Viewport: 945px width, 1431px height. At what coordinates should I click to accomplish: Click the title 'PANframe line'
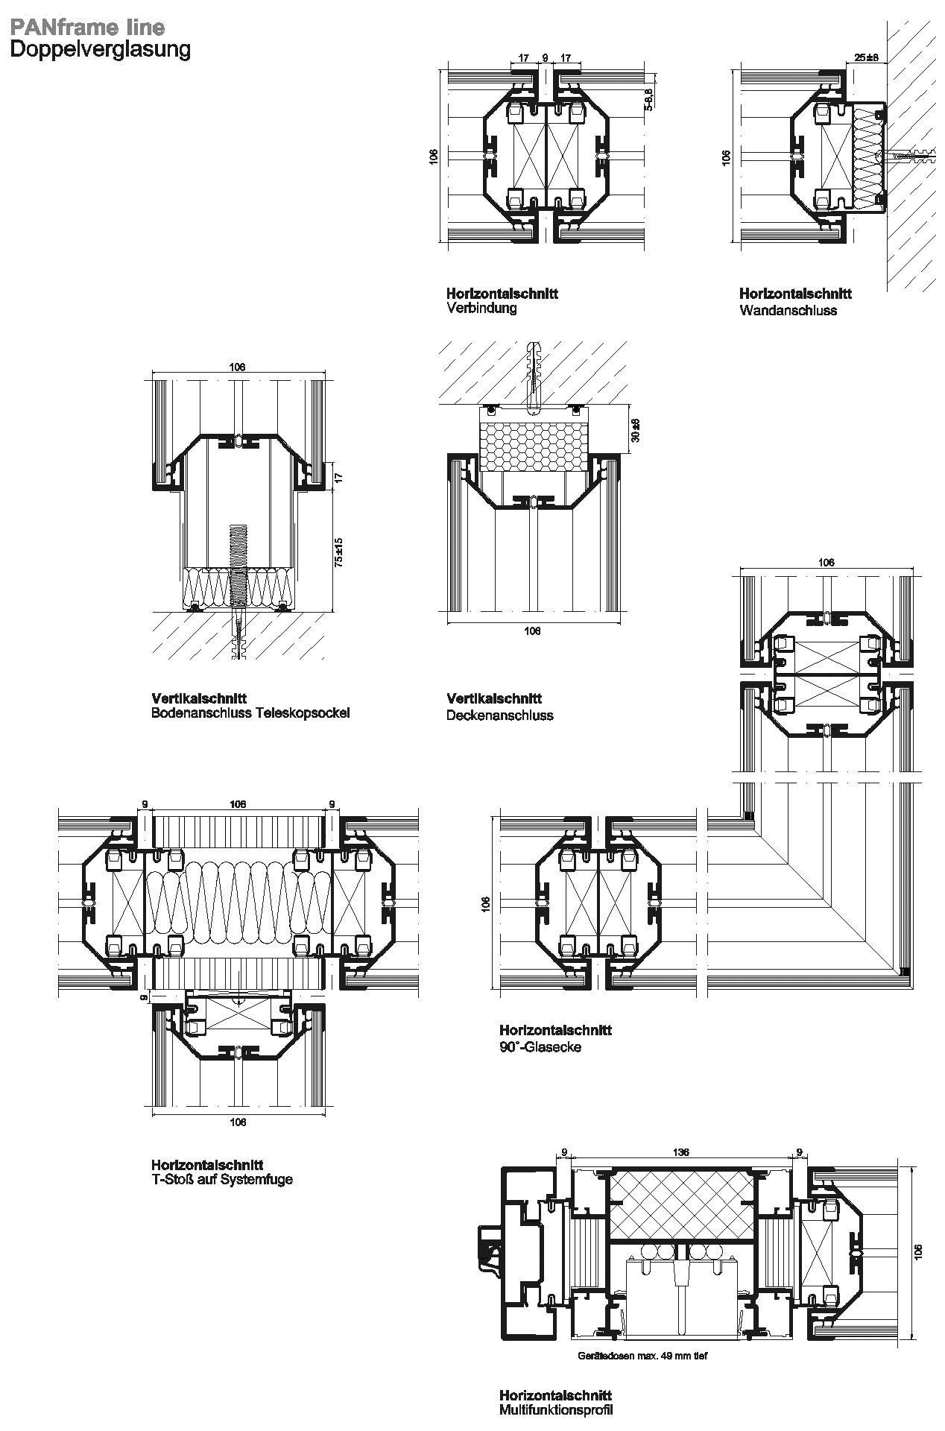click(87, 28)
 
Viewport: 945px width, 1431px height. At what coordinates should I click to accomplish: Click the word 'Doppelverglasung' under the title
click(100, 50)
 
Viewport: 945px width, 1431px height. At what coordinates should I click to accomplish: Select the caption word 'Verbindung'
click(481, 308)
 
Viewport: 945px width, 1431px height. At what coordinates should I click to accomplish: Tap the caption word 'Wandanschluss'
click(788, 310)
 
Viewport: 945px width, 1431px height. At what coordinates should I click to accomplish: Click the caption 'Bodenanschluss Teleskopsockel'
click(250, 713)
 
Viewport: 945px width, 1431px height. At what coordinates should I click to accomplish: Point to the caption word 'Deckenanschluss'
click(500, 715)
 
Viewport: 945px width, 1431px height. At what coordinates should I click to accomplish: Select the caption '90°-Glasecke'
click(540, 1047)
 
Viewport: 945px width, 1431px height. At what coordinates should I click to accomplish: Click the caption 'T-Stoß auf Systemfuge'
click(222, 1180)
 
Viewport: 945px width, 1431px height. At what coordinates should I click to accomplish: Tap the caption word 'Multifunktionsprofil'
click(556, 1410)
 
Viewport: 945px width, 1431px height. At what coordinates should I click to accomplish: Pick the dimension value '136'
click(680, 1152)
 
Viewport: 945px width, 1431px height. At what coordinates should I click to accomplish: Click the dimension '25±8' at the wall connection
click(867, 57)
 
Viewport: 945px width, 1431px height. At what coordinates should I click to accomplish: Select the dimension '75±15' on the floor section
click(338, 552)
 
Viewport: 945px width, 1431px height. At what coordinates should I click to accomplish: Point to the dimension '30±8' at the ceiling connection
click(635, 430)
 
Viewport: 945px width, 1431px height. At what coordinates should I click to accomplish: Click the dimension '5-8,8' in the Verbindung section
click(648, 99)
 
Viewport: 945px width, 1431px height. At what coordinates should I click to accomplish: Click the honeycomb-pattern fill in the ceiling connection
click(535, 446)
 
